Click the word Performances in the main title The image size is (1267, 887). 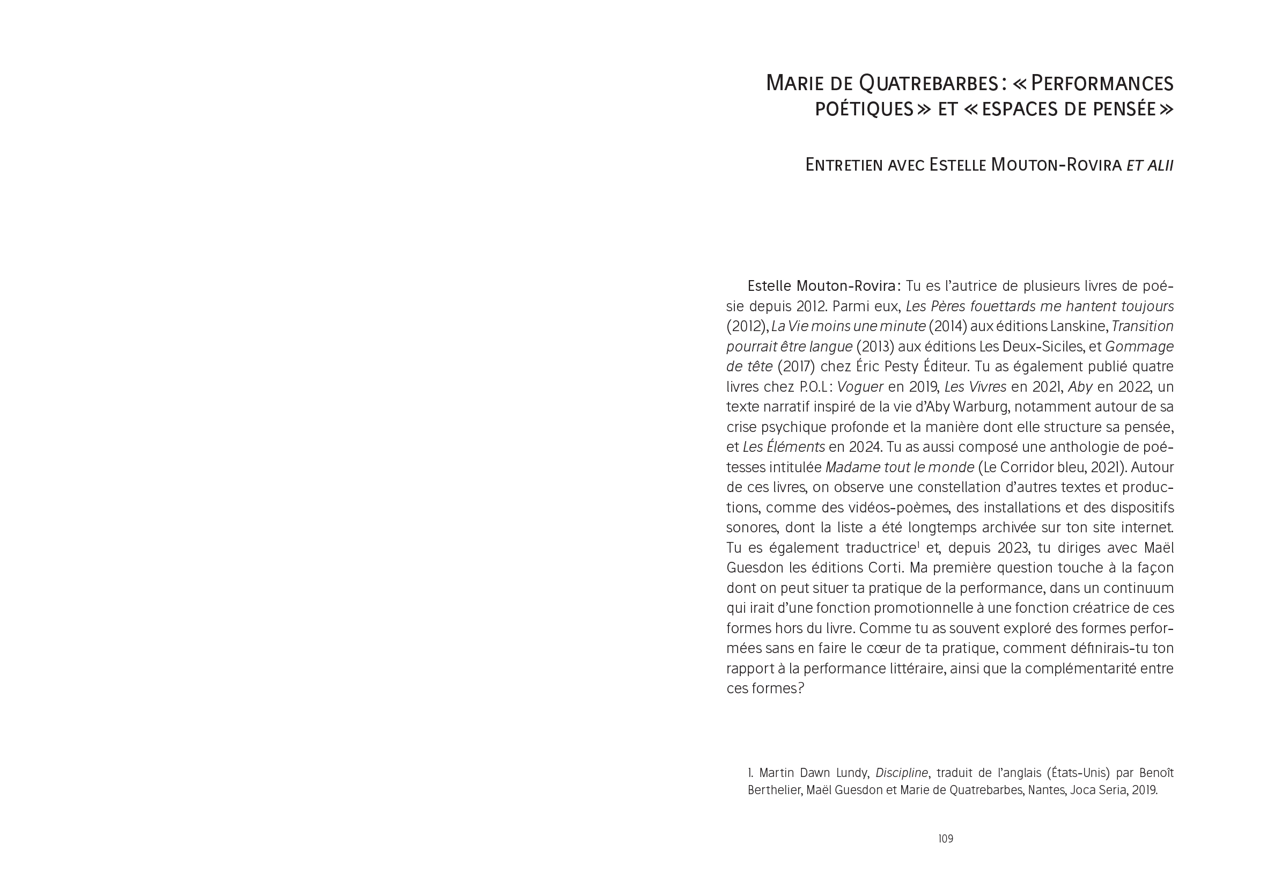pyautogui.click(x=1102, y=83)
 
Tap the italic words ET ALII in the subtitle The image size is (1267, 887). pyautogui.click(x=1150, y=165)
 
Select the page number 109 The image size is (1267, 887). pyautogui.click(x=945, y=839)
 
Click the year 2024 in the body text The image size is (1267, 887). pyautogui.click(x=959, y=447)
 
